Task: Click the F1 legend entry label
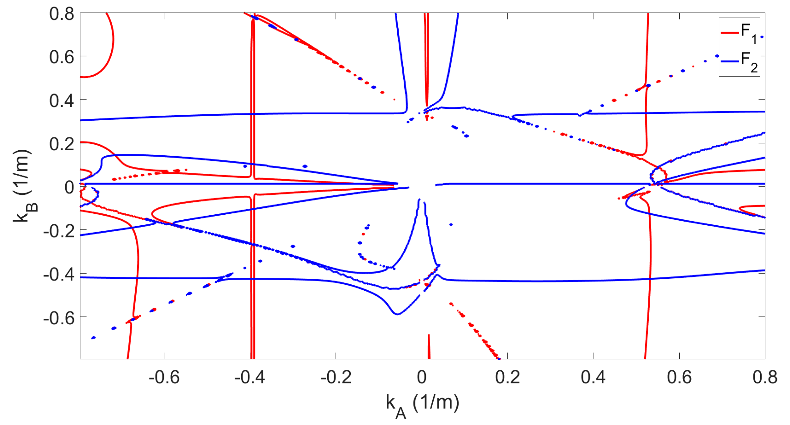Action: coord(749,33)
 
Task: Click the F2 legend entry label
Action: coord(749,61)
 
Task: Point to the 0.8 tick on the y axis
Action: coord(62,14)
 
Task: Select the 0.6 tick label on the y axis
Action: coord(62,57)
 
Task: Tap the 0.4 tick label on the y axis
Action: coord(62,101)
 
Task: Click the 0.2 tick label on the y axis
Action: coord(62,144)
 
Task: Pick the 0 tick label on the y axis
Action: coord(69,187)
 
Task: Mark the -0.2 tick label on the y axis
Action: coord(59,231)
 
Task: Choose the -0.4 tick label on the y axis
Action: coord(59,275)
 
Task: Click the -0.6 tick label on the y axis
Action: coord(59,318)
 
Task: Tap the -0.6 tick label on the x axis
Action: coord(164,377)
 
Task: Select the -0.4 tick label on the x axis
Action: coord(250,377)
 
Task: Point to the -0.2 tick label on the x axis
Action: coord(336,377)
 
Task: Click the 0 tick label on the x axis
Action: coord(422,377)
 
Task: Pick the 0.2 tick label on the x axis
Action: coord(507,377)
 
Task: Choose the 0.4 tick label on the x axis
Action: coord(593,377)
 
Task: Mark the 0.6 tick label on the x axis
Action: coord(679,377)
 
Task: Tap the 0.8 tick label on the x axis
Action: coord(765,377)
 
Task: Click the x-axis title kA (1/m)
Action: coord(422,405)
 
